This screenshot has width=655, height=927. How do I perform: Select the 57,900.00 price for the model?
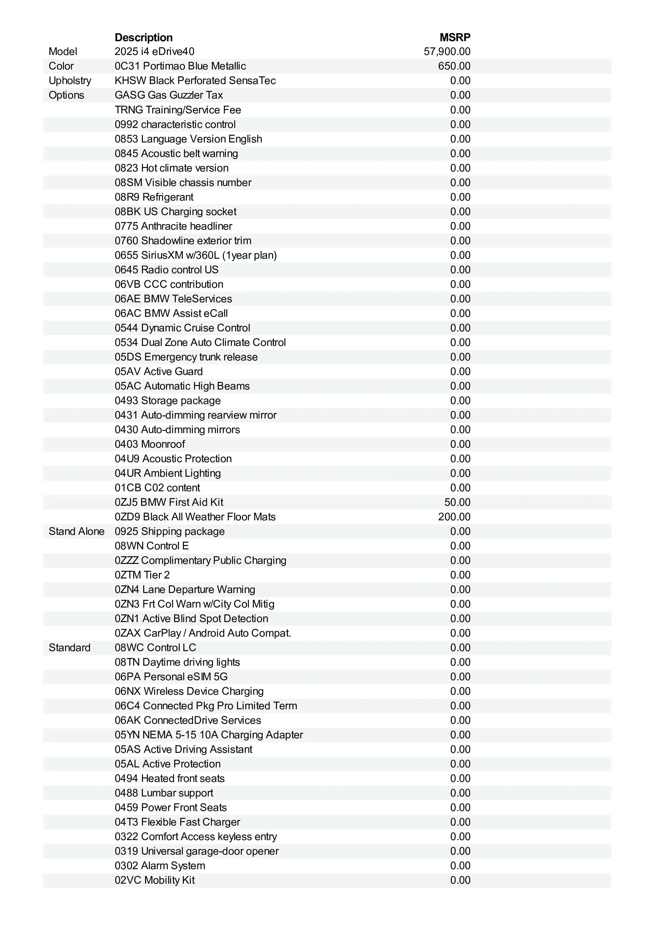pos(447,52)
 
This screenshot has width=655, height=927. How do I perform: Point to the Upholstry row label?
pos(70,81)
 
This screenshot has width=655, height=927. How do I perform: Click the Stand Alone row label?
pos(76,531)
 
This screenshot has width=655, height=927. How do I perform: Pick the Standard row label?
pos(69,648)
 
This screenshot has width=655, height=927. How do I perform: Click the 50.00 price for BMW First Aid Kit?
pos(457,502)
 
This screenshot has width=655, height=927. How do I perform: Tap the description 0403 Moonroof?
pos(150,444)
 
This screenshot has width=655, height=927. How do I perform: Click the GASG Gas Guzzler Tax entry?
pos(169,95)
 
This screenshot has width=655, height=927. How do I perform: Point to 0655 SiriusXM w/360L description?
pos(196,255)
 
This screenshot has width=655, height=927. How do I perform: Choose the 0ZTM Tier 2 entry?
pos(142,575)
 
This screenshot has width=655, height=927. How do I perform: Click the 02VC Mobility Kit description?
pos(155,880)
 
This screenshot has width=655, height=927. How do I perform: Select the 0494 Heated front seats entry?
pos(170,778)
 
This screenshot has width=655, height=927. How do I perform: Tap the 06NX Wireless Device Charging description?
pos(189,691)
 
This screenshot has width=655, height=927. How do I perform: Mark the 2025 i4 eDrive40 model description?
pos(155,52)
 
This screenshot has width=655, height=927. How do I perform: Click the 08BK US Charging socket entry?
pos(175,212)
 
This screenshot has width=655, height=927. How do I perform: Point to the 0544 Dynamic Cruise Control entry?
pos(182,328)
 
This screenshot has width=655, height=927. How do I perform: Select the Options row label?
pos(66,95)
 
